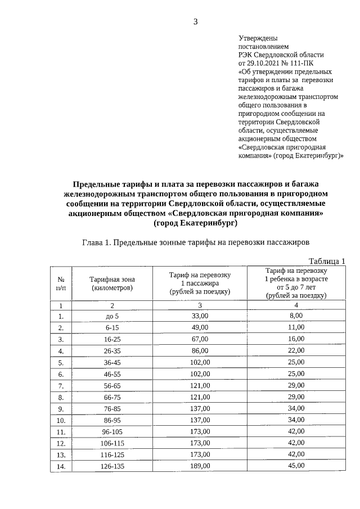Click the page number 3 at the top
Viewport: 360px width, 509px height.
pyautogui.click(x=195, y=22)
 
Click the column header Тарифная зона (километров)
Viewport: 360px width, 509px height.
pyautogui.click(x=112, y=283)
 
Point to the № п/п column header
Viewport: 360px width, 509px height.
pyautogui.click(x=61, y=283)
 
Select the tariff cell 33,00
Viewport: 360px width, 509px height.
pyautogui.click(x=200, y=316)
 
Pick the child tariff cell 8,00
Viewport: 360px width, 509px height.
pyautogui.click(x=296, y=316)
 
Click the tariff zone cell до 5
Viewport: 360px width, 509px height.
pyautogui.click(x=112, y=317)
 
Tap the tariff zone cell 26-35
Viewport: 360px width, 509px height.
pyautogui.click(x=112, y=351)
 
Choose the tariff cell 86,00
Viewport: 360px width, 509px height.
pyautogui.click(x=200, y=350)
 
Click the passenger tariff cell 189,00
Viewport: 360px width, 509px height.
pyautogui.click(x=200, y=466)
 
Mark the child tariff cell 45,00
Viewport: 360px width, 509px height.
pyautogui.click(x=296, y=466)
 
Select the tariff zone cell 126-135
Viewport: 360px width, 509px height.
pyautogui.click(x=112, y=466)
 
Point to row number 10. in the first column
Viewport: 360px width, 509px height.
pyautogui.click(x=61, y=420)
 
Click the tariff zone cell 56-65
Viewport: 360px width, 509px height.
pyautogui.click(x=112, y=385)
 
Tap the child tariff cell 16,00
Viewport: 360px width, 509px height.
pyautogui.click(x=296, y=339)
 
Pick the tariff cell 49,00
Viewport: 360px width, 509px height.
pyautogui.click(x=200, y=327)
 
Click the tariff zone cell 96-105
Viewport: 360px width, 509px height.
pyautogui.click(x=112, y=432)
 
